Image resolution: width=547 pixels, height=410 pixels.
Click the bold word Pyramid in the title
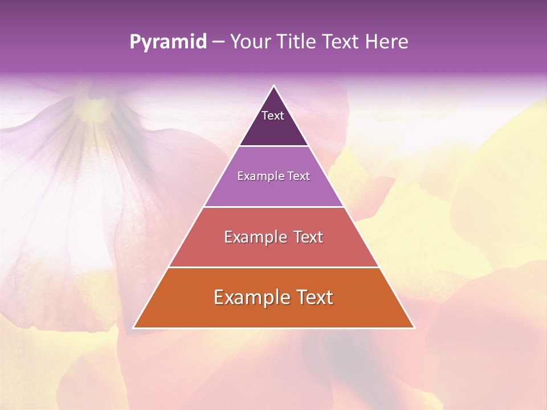168,42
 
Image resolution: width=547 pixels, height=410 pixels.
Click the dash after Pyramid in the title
218,42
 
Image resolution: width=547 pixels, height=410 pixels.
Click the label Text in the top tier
273,116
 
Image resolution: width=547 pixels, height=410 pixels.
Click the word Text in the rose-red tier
308,237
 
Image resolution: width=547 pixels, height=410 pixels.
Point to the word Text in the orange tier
315,297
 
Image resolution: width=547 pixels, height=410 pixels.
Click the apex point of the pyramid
274,86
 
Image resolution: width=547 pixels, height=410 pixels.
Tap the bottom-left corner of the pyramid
133,327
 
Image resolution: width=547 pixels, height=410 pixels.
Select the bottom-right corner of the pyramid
414,327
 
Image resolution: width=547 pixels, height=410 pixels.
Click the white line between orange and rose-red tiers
273,267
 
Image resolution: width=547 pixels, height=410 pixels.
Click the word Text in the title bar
341,42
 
